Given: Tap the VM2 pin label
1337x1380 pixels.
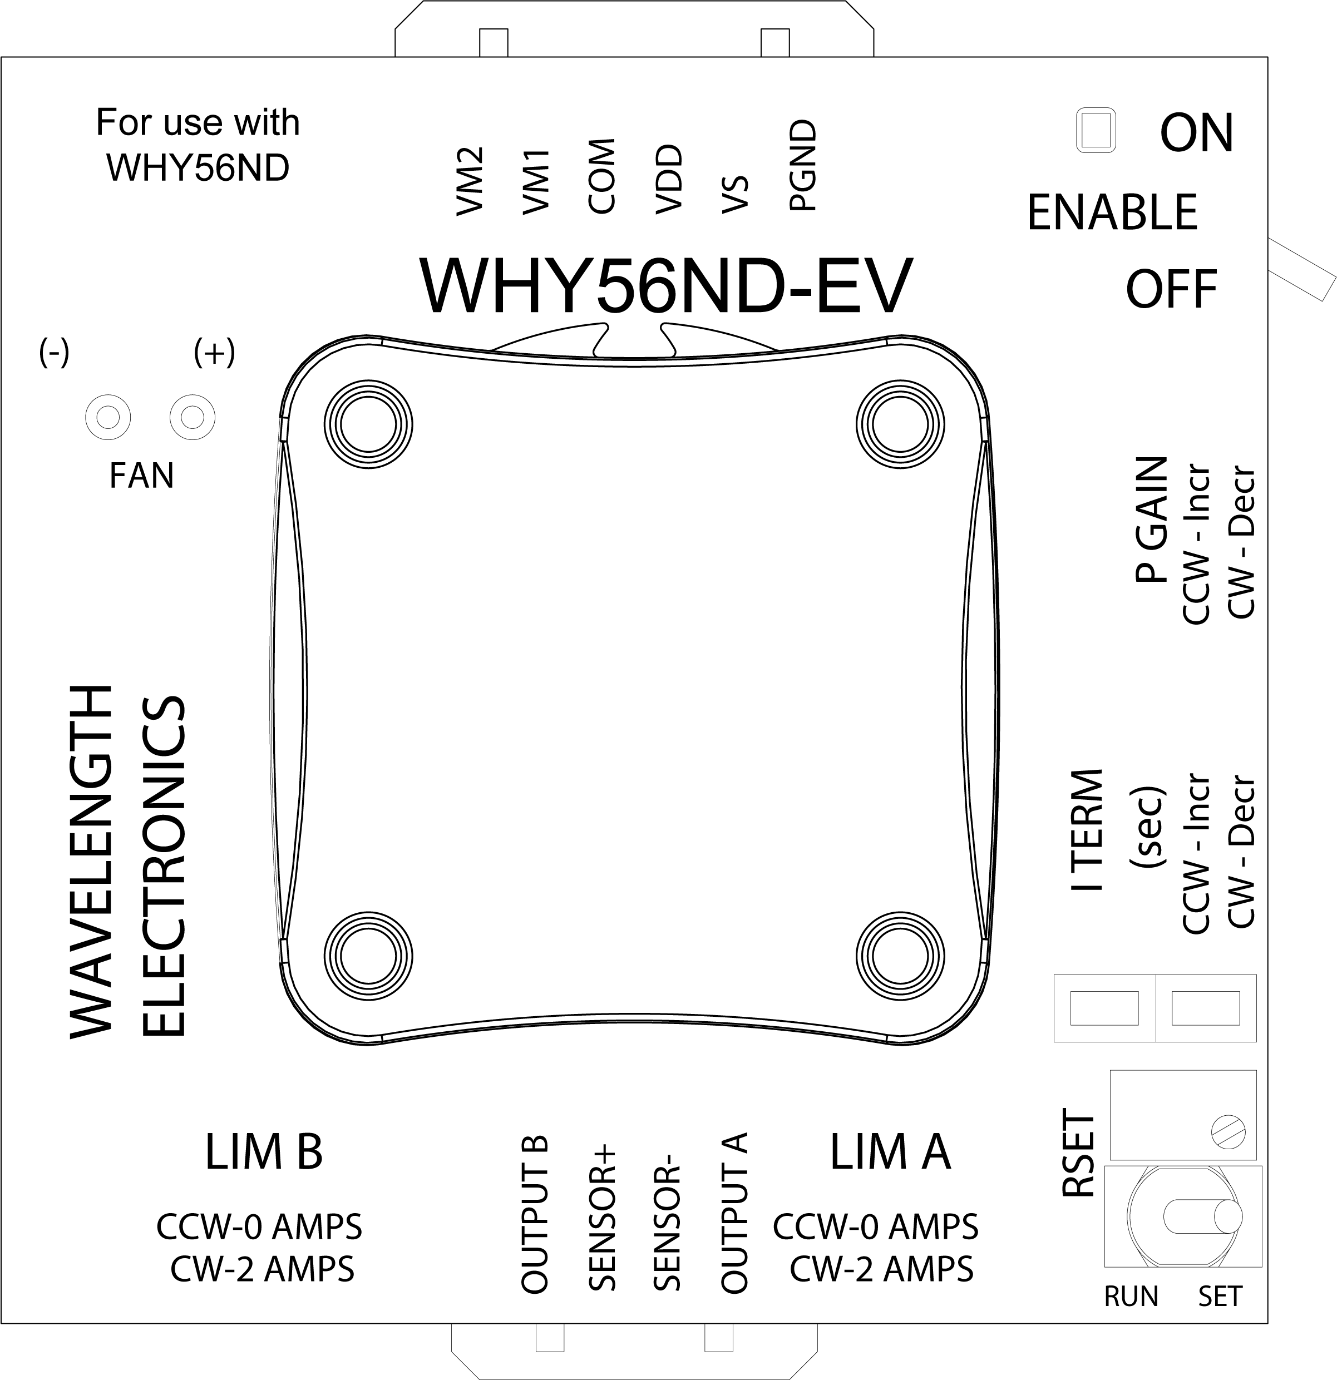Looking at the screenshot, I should [x=469, y=181].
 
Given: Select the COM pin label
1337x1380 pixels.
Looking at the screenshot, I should [x=602, y=176].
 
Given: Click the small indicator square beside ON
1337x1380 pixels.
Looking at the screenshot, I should [x=1096, y=130].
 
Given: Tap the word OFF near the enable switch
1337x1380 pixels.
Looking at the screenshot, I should [x=1171, y=289].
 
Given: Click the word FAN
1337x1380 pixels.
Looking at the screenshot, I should [x=141, y=476].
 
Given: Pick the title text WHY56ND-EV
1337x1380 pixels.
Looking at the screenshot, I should [x=665, y=286].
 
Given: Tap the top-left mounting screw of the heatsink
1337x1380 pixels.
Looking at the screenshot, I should [x=368, y=424].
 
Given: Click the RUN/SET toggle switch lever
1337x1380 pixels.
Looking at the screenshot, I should [x=1203, y=1216].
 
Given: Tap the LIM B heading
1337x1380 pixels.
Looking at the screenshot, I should [x=264, y=1153].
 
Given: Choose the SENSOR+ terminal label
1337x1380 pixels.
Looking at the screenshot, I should [x=602, y=1218].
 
